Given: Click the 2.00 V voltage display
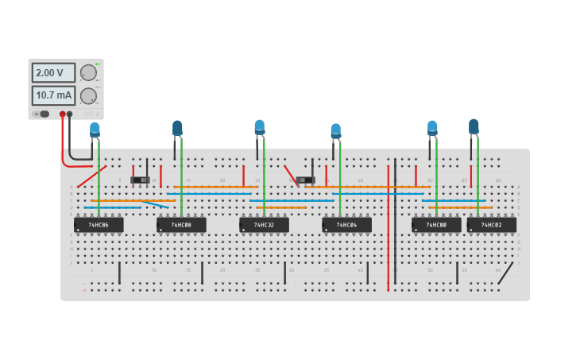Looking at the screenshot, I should [x=53, y=73].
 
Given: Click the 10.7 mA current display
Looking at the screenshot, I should [x=53, y=96].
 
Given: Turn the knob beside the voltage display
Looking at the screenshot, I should [x=88, y=73].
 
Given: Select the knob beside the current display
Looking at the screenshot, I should [x=88, y=96].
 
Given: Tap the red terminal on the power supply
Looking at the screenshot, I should [x=63, y=114].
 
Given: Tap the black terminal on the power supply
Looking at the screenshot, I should [x=70, y=114].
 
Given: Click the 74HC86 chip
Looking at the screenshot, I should [x=99, y=225].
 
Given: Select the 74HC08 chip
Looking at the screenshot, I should [x=181, y=225].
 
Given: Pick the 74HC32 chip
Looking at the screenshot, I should [x=264, y=225].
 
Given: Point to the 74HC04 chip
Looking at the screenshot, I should [x=346, y=225].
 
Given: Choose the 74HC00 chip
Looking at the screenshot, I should [x=436, y=225].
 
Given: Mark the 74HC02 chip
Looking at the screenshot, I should [x=491, y=225].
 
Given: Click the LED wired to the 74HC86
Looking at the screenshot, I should [x=95, y=130].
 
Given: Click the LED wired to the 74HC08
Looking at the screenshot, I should [x=177, y=128].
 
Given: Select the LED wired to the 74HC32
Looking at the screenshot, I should [x=260, y=127].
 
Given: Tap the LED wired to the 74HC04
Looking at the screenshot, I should [x=336, y=130].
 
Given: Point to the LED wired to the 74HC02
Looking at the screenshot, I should [x=474, y=126].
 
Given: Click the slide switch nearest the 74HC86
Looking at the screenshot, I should [x=141, y=180].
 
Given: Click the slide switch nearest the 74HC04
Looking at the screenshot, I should [x=306, y=180].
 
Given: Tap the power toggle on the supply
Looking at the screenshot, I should [x=43, y=114].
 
